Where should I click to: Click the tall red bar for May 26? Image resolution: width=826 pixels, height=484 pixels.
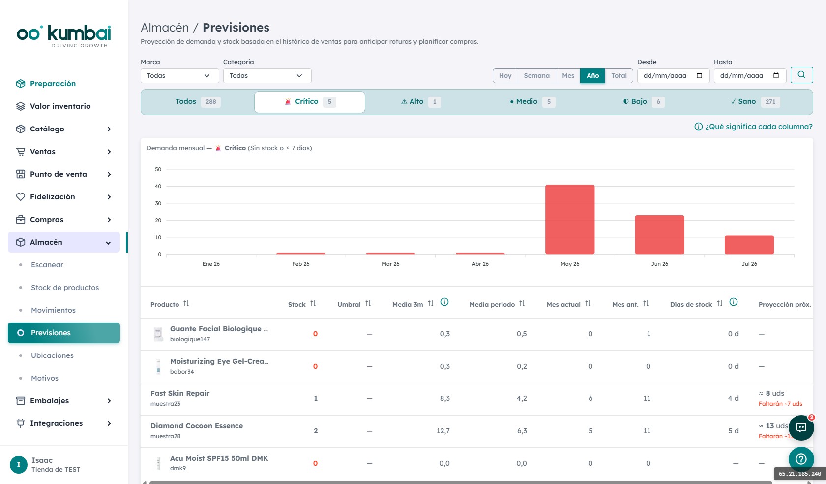(570, 219)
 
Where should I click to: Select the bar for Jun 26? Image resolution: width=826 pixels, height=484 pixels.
(659, 234)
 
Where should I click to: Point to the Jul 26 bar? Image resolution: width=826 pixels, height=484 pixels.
(749, 245)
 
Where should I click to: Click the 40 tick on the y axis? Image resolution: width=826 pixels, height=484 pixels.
(158, 186)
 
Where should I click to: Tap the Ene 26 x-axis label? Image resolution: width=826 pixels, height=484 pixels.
(211, 264)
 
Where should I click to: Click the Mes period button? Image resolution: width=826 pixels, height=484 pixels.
(568, 76)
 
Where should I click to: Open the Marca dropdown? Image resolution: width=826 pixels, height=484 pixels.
(179, 76)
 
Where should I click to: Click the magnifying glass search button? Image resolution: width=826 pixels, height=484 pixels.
(801, 75)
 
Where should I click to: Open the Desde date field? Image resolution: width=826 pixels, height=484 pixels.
(673, 76)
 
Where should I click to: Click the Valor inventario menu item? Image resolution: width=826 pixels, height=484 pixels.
(60, 106)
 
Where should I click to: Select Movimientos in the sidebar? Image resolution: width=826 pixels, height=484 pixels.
(53, 310)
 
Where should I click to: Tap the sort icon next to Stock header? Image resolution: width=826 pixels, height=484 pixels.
(313, 303)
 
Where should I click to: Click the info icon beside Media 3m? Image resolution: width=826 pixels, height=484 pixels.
(444, 302)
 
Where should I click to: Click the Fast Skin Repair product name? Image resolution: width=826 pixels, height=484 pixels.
(180, 393)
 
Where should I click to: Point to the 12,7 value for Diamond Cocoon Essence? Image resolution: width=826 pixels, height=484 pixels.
(443, 431)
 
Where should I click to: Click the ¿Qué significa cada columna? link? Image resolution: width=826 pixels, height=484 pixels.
(753, 127)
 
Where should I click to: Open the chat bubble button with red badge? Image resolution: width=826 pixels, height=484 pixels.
(801, 427)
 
